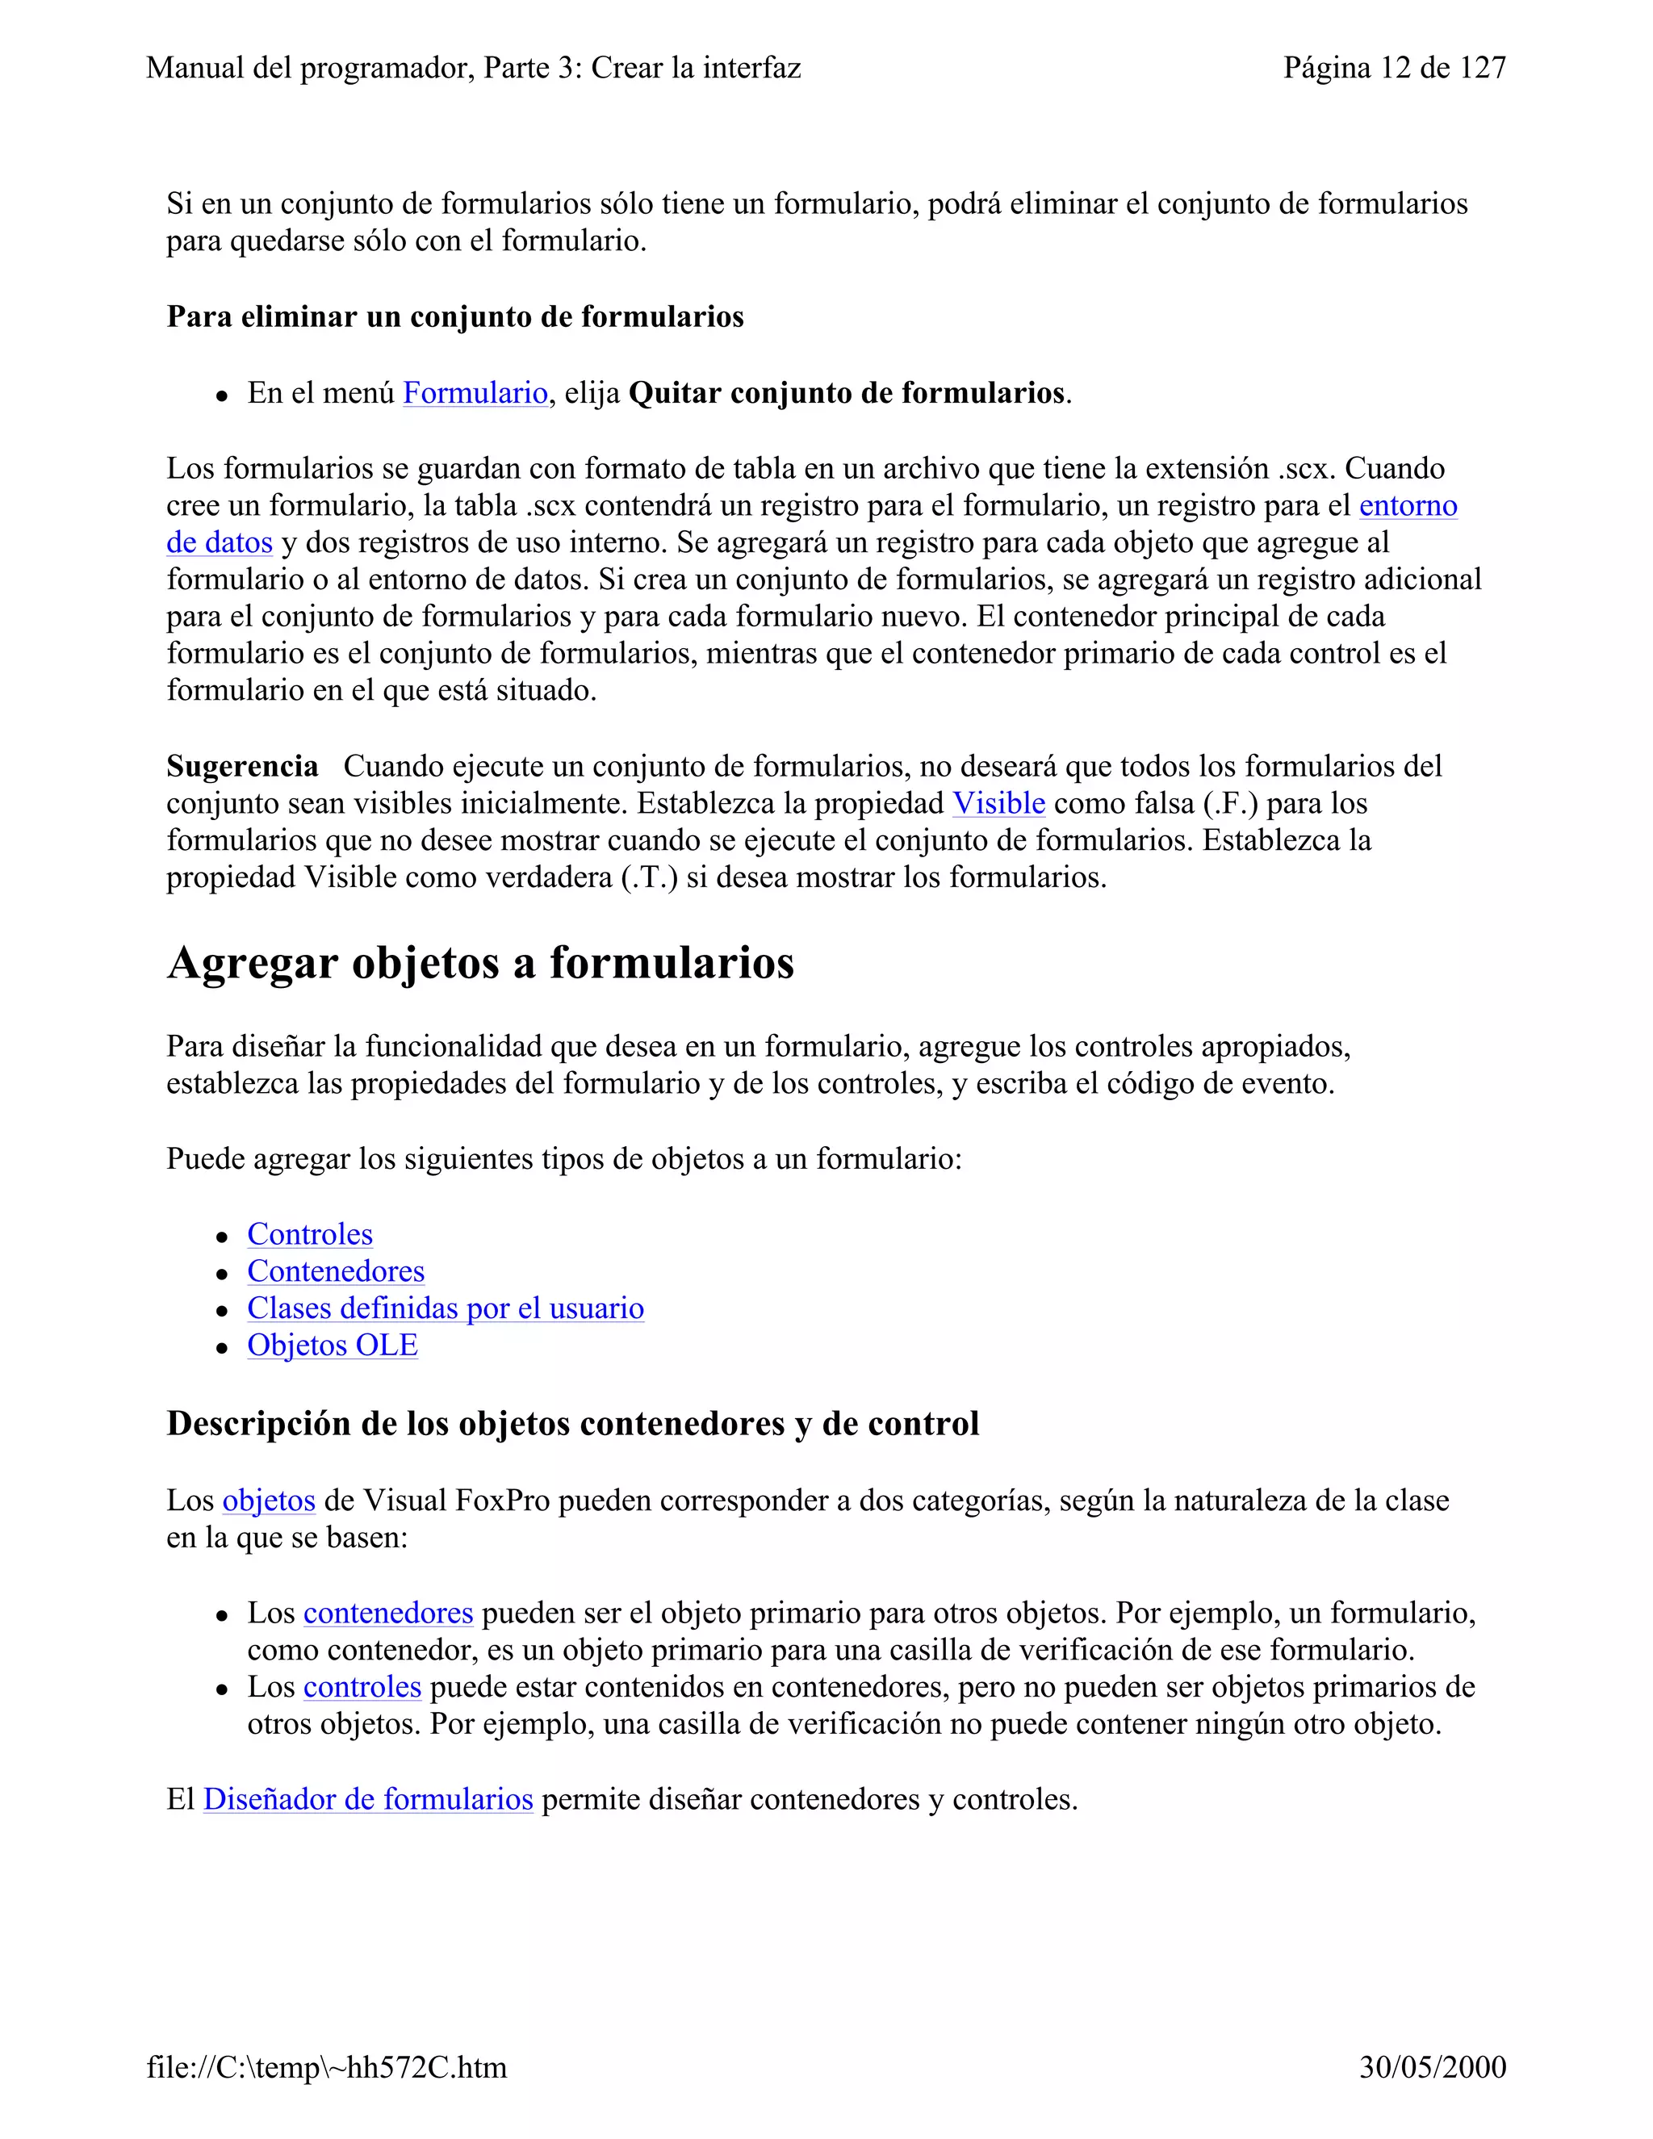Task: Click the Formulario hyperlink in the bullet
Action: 475,393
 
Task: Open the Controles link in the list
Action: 309,1234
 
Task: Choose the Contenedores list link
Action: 335,1271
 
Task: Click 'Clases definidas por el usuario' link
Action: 445,1308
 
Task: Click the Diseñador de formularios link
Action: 367,1799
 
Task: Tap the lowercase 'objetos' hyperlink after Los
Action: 268,1501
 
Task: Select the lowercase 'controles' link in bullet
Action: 362,1686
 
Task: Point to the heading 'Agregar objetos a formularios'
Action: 480,963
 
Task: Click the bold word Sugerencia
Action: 242,766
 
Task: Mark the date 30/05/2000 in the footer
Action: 1432,2067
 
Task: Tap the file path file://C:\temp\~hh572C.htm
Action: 326,2067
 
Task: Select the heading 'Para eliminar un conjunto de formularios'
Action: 454,316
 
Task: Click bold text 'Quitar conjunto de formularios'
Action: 846,393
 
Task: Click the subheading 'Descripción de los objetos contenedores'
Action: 572,1423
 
